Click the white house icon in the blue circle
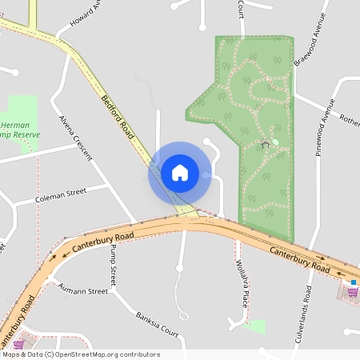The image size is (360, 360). coord(180,172)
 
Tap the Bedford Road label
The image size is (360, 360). coord(118,118)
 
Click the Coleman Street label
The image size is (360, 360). coord(61,194)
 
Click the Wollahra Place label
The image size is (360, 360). coord(241,283)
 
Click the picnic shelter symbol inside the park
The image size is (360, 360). coord(265,145)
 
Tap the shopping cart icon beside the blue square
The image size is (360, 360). coord(351,292)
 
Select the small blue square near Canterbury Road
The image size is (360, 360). coord(353,282)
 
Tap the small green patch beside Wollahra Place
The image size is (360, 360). coord(255,326)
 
